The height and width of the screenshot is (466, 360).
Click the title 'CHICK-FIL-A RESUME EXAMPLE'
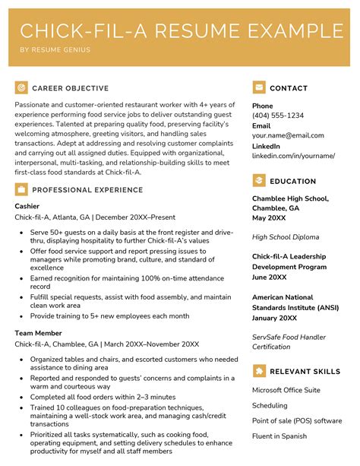coord(180,31)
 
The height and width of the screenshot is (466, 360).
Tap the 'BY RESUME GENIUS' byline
coord(55,50)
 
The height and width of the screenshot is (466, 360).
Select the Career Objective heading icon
coord(21,87)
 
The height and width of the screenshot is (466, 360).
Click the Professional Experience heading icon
coord(21,189)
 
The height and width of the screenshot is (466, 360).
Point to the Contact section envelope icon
coord(259,87)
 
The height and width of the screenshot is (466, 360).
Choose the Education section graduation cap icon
coord(259,181)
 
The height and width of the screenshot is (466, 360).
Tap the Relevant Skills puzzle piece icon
coord(259,371)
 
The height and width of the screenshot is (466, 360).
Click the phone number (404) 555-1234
coord(278,116)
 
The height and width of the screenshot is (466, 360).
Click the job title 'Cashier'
coord(29,205)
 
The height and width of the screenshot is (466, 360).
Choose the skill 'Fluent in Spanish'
coord(279,436)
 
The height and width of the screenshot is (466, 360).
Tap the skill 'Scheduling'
coord(270,405)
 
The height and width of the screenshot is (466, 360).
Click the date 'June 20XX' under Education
coord(270,277)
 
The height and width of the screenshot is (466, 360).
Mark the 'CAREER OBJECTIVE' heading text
coord(70,88)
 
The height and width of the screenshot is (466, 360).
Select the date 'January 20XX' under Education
coord(275,317)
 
